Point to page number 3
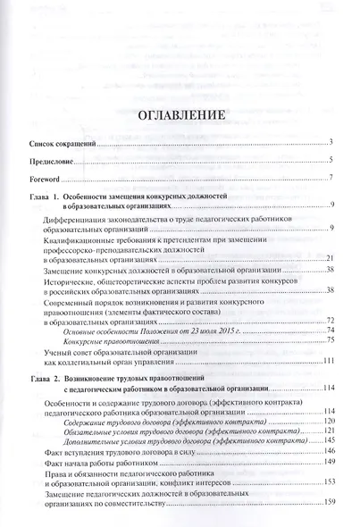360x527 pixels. (x=331, y=142)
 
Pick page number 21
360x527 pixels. (x=329, y=258)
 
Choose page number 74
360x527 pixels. (x=329, y=330)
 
